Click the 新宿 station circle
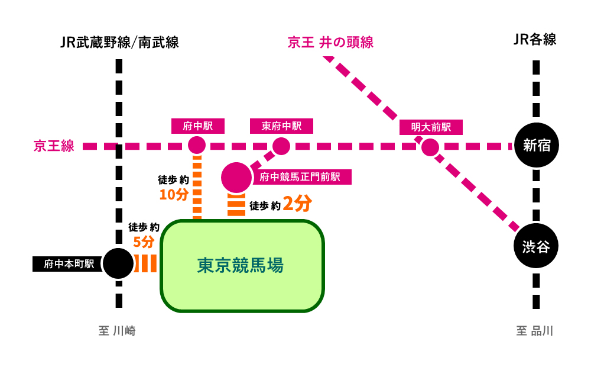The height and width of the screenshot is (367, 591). [x=536, y=146]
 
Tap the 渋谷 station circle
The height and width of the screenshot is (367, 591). [x=536, y=246]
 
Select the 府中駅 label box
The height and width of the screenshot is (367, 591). [x=197, y=126]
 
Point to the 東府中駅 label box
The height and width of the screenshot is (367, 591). [x=282, y=126]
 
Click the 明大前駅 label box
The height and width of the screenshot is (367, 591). [x=430, y=127]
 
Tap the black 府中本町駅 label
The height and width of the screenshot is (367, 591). [x=66, y=264]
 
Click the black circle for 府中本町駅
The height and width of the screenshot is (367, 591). [x=119, y=264]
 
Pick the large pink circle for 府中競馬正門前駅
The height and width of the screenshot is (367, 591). [x=236, y=177]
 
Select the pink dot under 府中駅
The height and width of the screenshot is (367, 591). [x=197, y=145]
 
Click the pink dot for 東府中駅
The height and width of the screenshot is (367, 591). [x=281, y=145]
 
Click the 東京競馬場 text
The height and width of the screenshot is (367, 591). [x=241, y=265]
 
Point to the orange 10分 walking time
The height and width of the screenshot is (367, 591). [x=174, y=194]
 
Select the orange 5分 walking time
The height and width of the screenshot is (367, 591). [x=144, y=242]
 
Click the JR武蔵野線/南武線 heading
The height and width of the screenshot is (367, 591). [x=119, y=42]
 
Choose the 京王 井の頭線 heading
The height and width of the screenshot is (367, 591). [x=330, y=43]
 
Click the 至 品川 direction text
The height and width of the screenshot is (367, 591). [x=535, y=331]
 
